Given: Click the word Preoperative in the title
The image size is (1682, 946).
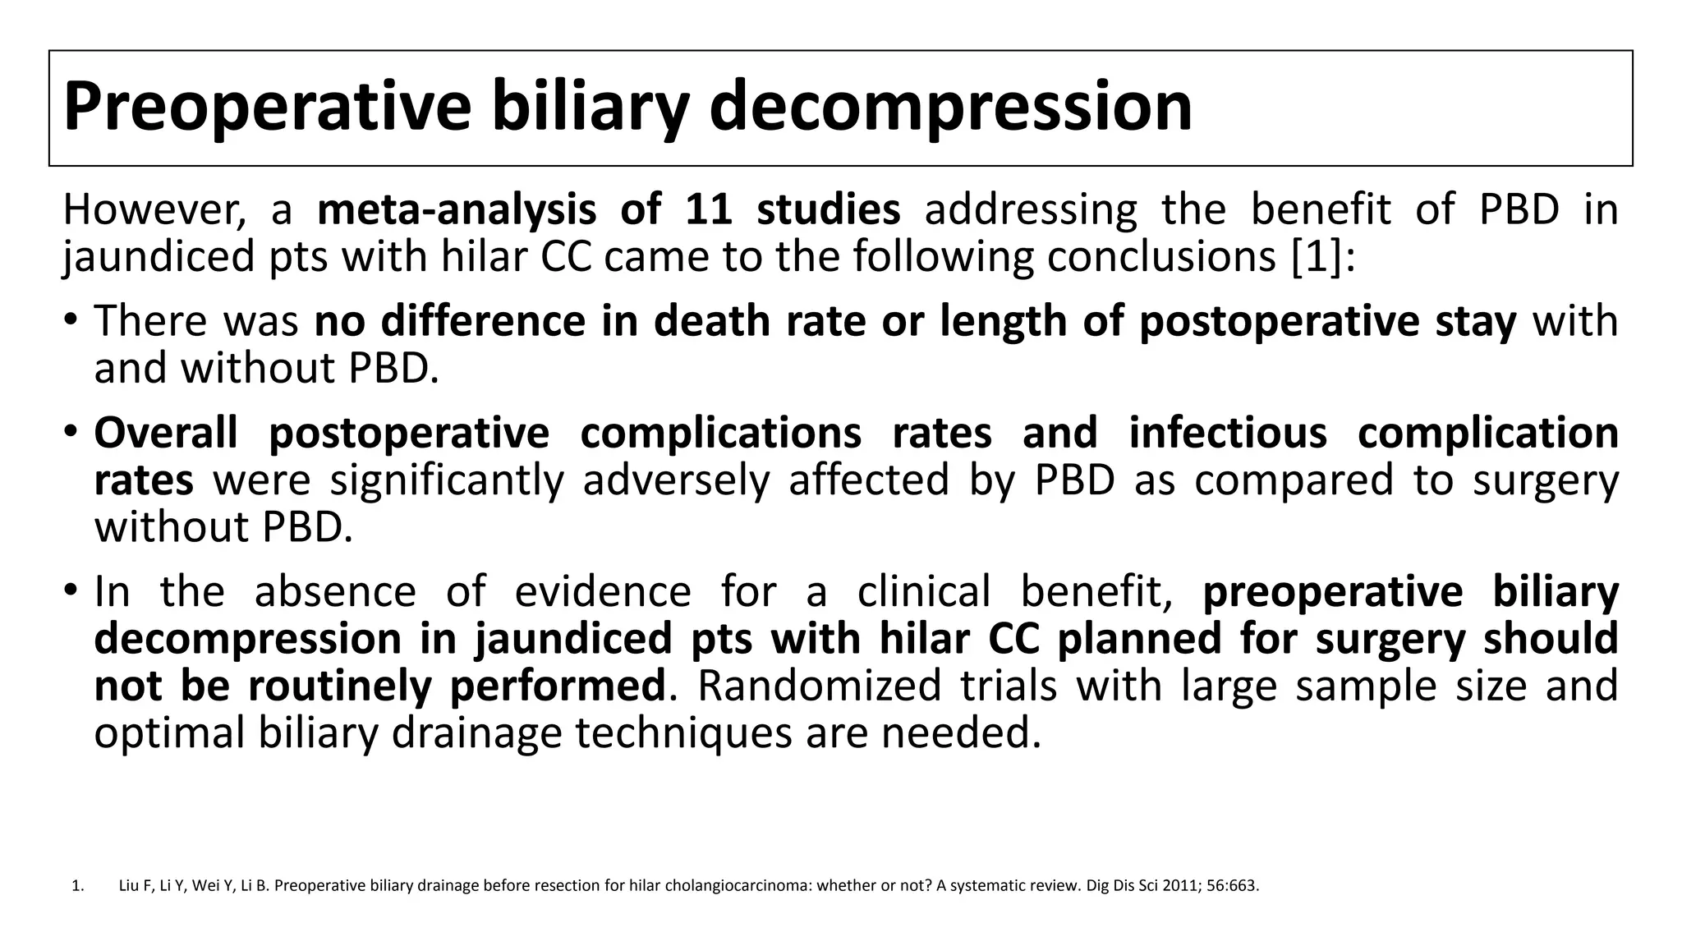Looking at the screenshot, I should [267, 107].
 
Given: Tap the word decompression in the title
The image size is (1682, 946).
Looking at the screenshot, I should [950, 107].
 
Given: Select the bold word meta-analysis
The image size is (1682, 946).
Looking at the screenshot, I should [456, 209].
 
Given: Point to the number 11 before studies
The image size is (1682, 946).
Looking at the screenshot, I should [709, 209].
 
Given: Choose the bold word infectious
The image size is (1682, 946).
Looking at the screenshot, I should [1228, 433].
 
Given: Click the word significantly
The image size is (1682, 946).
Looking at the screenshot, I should [447, 480].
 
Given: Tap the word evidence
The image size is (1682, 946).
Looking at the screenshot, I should [603, 591].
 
